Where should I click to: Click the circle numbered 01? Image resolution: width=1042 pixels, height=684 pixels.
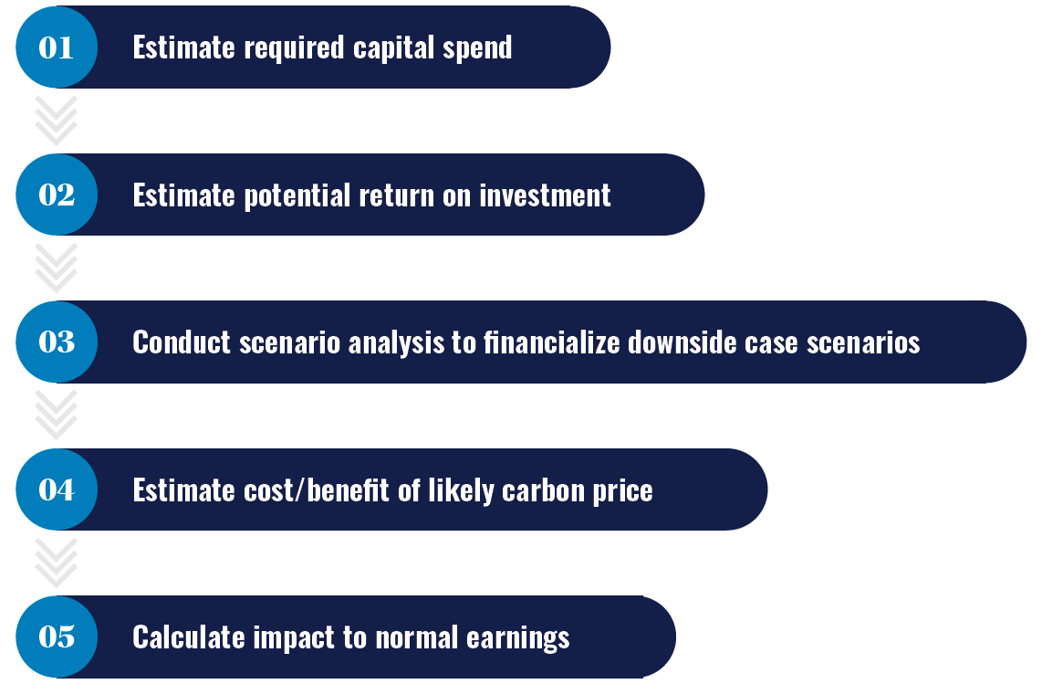coord(57,47)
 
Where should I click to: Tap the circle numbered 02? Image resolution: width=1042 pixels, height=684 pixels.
coord(57,195)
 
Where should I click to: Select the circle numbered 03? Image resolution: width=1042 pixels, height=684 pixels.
coord(57,342)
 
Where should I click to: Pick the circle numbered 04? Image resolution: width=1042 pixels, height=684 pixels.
coord(57,489)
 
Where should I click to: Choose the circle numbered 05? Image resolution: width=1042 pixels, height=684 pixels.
coord(57,637)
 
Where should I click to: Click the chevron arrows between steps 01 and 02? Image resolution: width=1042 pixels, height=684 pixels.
coord(57,121)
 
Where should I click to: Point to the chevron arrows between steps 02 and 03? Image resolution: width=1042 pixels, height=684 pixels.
coord(57,268)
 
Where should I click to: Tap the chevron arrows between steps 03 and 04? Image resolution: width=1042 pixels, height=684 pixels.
coord(57,416)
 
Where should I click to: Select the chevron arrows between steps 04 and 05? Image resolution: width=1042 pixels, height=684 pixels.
coord(57,563)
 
